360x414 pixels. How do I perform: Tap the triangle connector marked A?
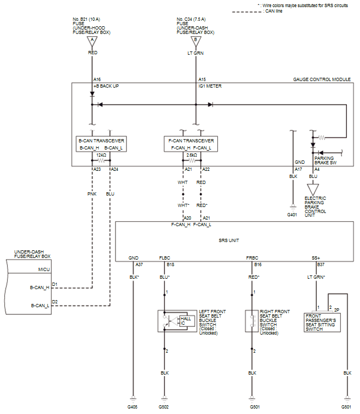92,40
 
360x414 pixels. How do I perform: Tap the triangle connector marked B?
195,40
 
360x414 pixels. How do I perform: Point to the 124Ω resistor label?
101,155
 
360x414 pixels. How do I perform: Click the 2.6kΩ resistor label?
191,155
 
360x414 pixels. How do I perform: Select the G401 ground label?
293,215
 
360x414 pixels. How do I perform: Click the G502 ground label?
164,407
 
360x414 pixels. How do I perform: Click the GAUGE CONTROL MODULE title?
322,79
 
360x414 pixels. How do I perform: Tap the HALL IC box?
185,320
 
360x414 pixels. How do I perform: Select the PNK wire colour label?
91,193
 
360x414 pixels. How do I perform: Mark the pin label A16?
97,79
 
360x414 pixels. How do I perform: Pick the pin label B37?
321,264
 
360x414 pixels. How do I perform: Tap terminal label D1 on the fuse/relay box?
55,284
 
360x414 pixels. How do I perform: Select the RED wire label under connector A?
92,53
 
